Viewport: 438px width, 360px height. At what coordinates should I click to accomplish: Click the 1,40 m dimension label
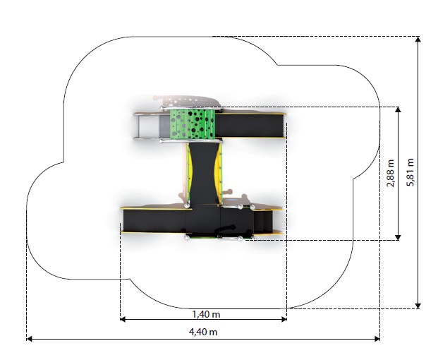tap(206, 314)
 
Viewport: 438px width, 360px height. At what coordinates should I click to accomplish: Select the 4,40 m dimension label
tap(203, 332)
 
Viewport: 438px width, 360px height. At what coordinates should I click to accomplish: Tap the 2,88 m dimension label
tap(391, 173)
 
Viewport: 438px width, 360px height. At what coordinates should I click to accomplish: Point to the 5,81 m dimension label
tap(410, 172)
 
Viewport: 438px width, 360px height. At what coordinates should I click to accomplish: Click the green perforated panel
tap(193, 124)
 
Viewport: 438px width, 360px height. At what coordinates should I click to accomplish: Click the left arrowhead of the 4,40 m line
tap(29, 339)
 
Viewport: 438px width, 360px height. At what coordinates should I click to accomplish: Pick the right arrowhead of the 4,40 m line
tap(377, 339)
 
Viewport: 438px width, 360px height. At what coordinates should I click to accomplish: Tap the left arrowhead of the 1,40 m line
tap(123, 319)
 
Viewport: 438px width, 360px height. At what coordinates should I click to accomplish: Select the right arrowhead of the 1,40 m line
tap(284, 319)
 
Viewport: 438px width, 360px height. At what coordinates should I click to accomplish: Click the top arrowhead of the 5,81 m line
tap(418, 39)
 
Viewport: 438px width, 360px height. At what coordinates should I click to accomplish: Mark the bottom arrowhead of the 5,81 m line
tap(418, 306)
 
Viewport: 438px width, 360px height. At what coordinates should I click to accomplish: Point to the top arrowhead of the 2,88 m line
tap(399, 109)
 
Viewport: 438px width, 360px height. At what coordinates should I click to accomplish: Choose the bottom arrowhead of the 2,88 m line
tap(399, 237)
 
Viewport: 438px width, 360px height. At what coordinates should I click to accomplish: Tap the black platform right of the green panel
tap(250, 126)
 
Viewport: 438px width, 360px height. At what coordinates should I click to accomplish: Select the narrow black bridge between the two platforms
tap(203, 173)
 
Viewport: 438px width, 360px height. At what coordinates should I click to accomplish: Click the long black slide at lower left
tap(155, 221)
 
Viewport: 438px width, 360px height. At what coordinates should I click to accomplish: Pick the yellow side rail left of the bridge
tap(190, 173)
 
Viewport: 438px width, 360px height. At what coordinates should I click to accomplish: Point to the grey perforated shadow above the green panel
tap(187, 101)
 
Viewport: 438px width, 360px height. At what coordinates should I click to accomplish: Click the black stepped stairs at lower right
tap(263, 222)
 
